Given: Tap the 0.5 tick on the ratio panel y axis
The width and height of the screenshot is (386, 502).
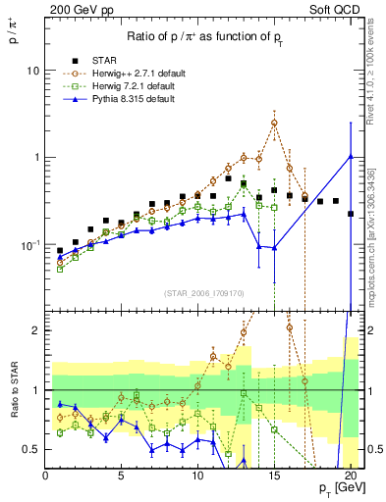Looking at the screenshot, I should [x=30, y=449].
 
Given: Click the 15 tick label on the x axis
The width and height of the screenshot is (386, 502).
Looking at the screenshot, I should [x=274, y=477].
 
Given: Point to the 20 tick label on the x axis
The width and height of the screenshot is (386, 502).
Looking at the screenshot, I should [x=350, y=477].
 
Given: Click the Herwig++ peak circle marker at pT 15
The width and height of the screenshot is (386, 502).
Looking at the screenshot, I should [x=274, y=123].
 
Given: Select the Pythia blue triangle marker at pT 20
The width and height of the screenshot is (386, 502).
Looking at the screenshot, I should [x=351, y=156].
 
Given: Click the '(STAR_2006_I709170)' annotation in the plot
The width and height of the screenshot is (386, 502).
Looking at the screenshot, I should [x=203, y=292].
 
